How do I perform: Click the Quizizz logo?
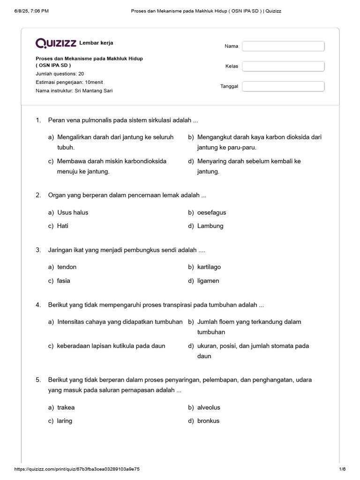(56, 43)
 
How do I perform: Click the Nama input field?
(283, 46)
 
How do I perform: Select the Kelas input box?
(283, 66)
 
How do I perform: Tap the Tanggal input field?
(283, 86)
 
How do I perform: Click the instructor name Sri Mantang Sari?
(94, 90)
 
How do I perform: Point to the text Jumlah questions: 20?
(60, 74)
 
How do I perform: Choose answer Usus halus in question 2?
(73, 212)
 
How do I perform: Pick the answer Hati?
(63, 226)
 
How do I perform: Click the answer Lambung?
(210, 226)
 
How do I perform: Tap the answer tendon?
(67, 267)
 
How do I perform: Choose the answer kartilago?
(209, 267)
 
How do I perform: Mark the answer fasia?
(64, 281)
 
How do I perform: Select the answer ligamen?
(208, 281)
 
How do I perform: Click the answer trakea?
(66, 407)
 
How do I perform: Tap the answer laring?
(65, 420)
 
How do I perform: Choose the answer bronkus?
(208, 420)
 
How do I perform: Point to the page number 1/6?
(342, 469)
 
